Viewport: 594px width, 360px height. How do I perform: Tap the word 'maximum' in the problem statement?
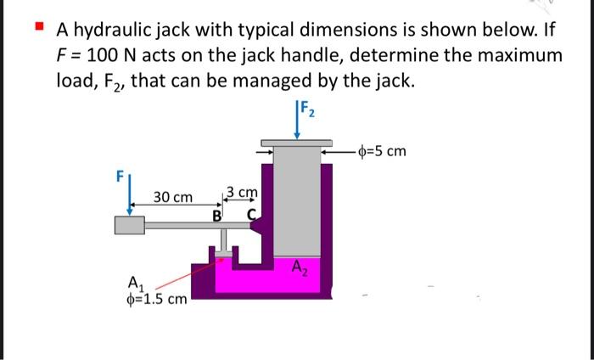509,57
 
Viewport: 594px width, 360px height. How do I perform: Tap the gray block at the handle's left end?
128,225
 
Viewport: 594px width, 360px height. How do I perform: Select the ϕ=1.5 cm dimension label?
154,299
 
